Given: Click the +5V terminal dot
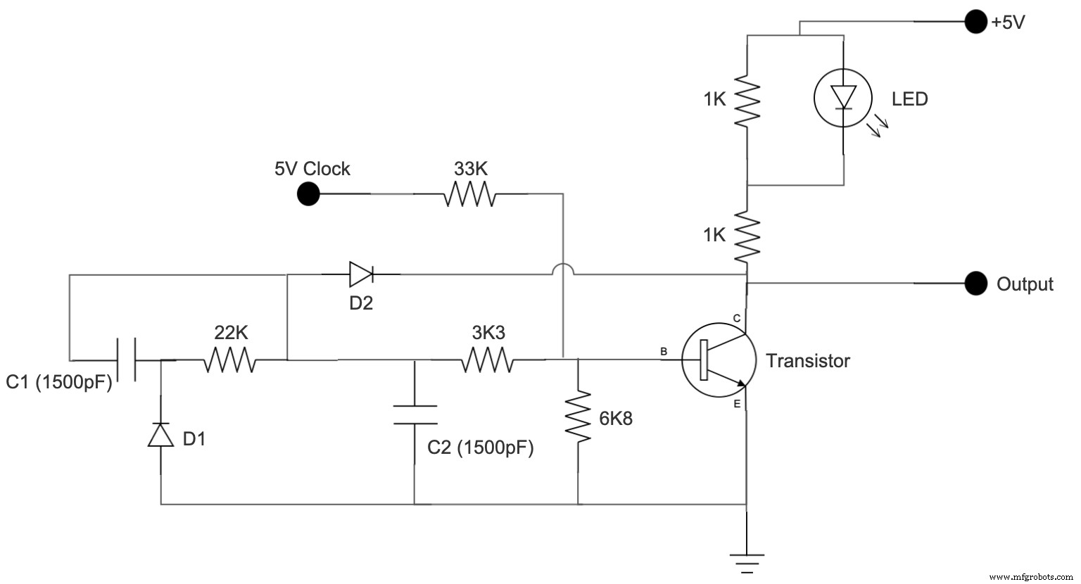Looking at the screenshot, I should coord(975,22).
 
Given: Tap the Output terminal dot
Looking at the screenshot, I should coord(975,284).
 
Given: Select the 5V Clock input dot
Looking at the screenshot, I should coord(308,193).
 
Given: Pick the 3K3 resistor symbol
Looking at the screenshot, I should coord(488,360).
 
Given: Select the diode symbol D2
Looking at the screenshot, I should coord(361,274).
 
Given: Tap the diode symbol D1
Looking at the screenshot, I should coord(161,435).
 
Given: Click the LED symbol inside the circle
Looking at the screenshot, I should coord(842,98).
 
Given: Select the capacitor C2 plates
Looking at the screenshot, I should coord(415,414).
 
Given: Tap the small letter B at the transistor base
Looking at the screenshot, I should coord(663,350).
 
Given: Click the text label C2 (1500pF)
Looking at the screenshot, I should coord(481,447).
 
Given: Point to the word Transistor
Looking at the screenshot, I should coord(808,361).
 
